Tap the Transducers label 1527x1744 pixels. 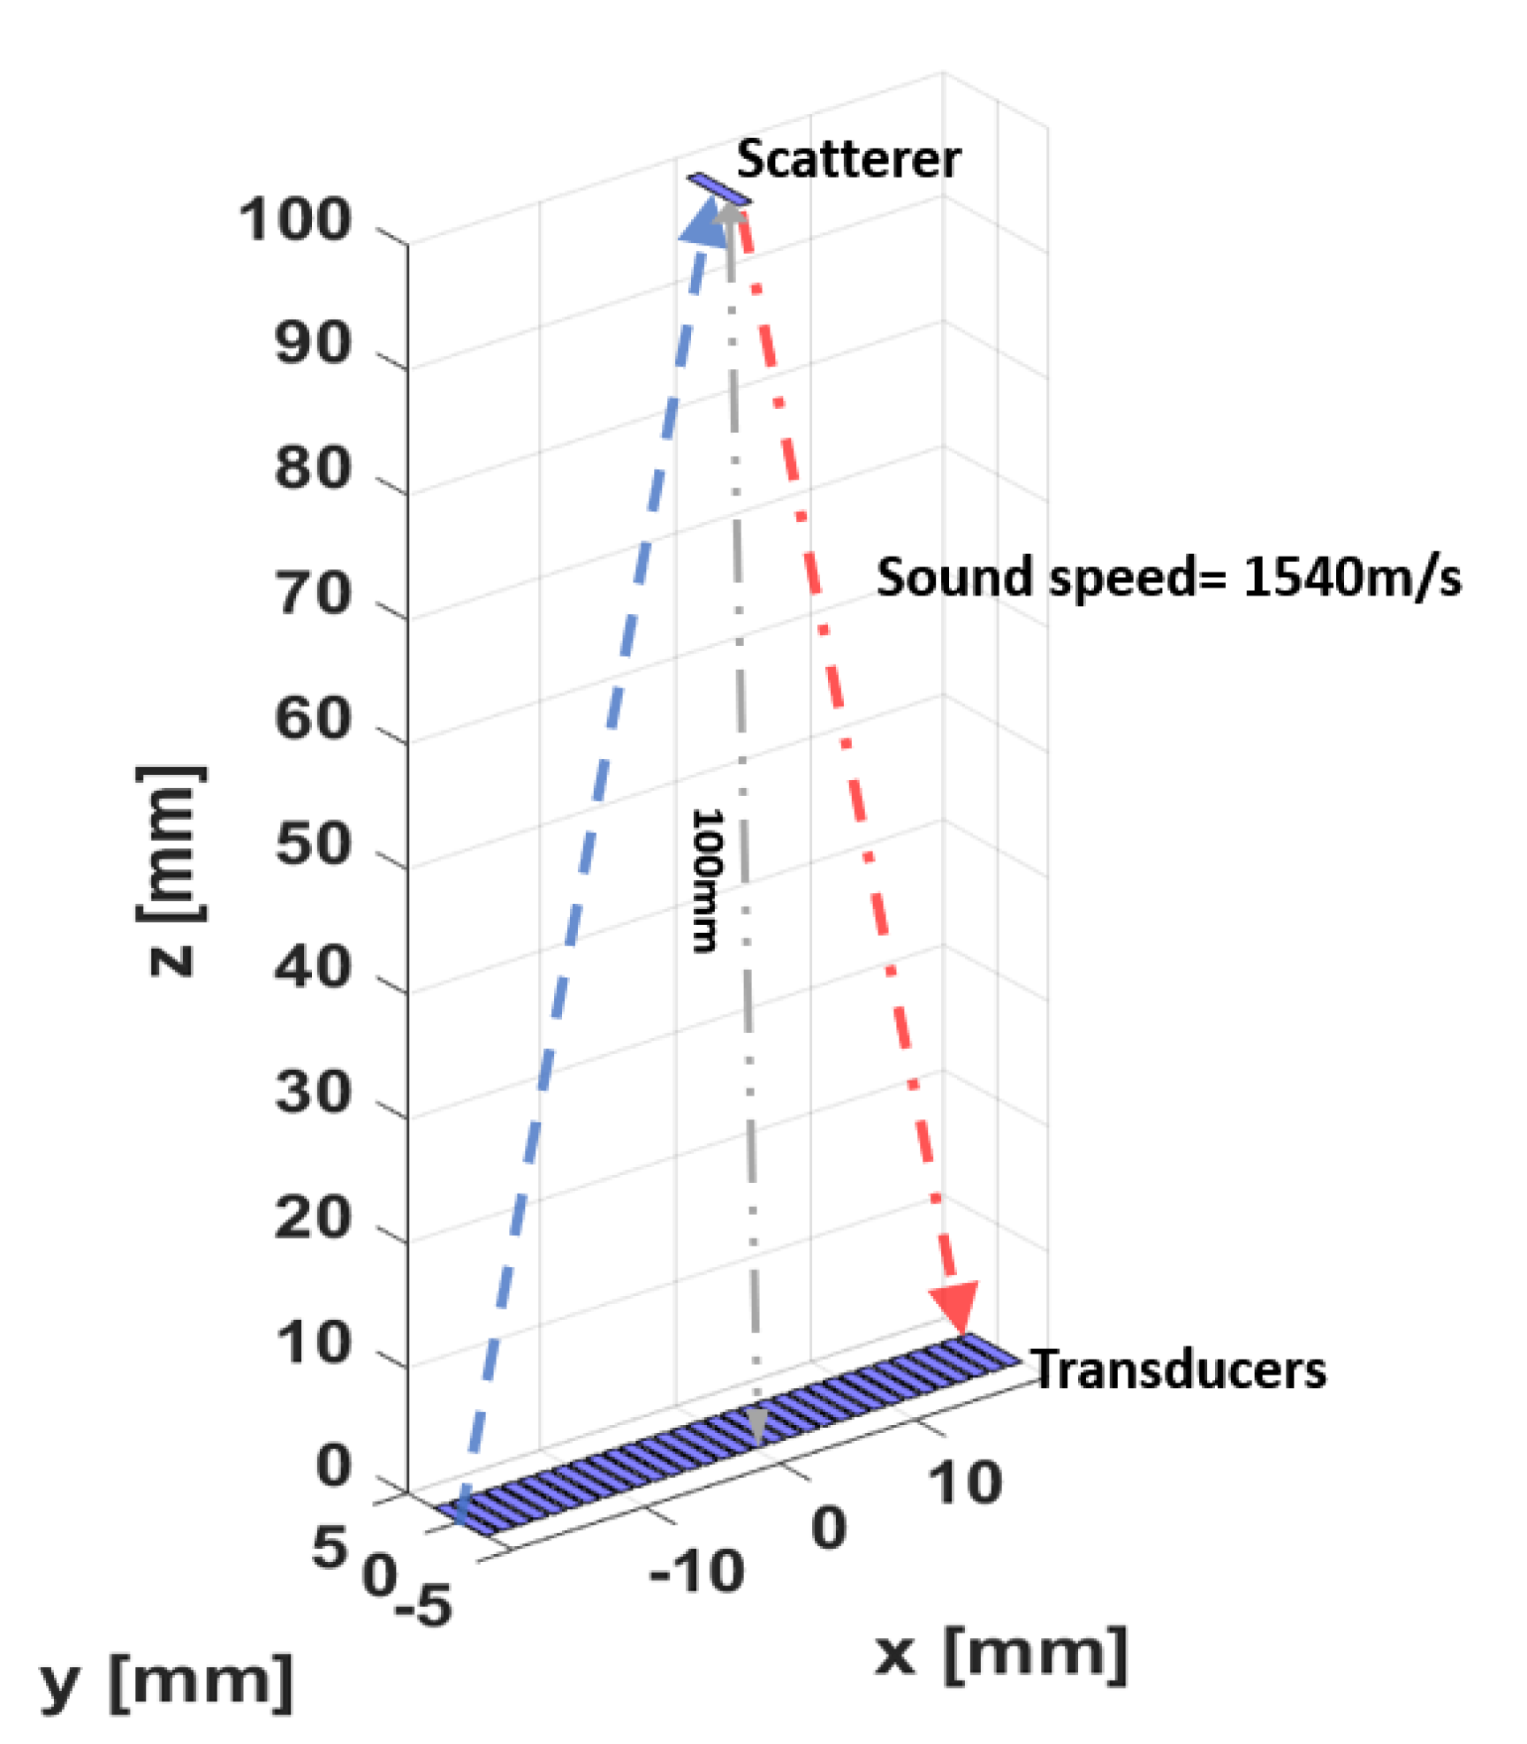click(1179, 1370)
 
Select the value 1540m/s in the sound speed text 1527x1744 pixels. click(1352, 579)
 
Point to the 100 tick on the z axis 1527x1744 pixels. click(295, 220)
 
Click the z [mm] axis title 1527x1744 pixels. click(171, 870)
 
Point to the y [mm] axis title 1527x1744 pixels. click(167, 1683)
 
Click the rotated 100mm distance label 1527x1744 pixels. click(706, 880)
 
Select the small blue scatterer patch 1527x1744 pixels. click(719, 188)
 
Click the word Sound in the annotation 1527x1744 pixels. click(954, 579)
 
